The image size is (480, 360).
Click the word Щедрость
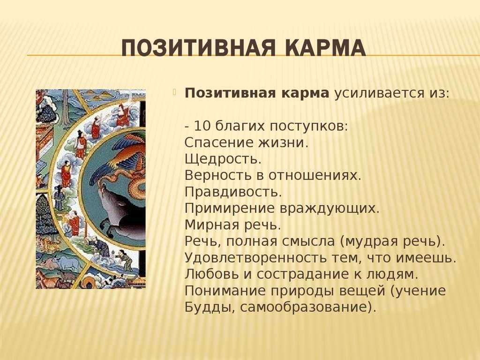click(223, 159)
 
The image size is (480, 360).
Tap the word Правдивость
click(233, 192)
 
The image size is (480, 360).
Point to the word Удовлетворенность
click(256, 258)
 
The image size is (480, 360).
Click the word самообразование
click(303, 307)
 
